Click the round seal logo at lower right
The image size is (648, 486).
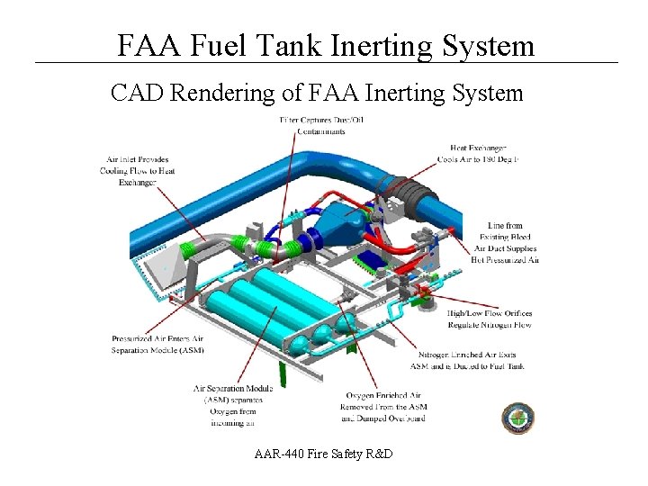click(x=517, y=418)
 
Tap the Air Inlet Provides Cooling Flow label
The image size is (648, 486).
click(x=140, y=171)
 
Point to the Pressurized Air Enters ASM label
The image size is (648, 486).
click(x=157, y=344)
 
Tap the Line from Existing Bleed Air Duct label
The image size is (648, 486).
click(x=505, y=243)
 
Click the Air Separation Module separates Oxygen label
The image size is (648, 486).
click(x=233, y=405)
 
